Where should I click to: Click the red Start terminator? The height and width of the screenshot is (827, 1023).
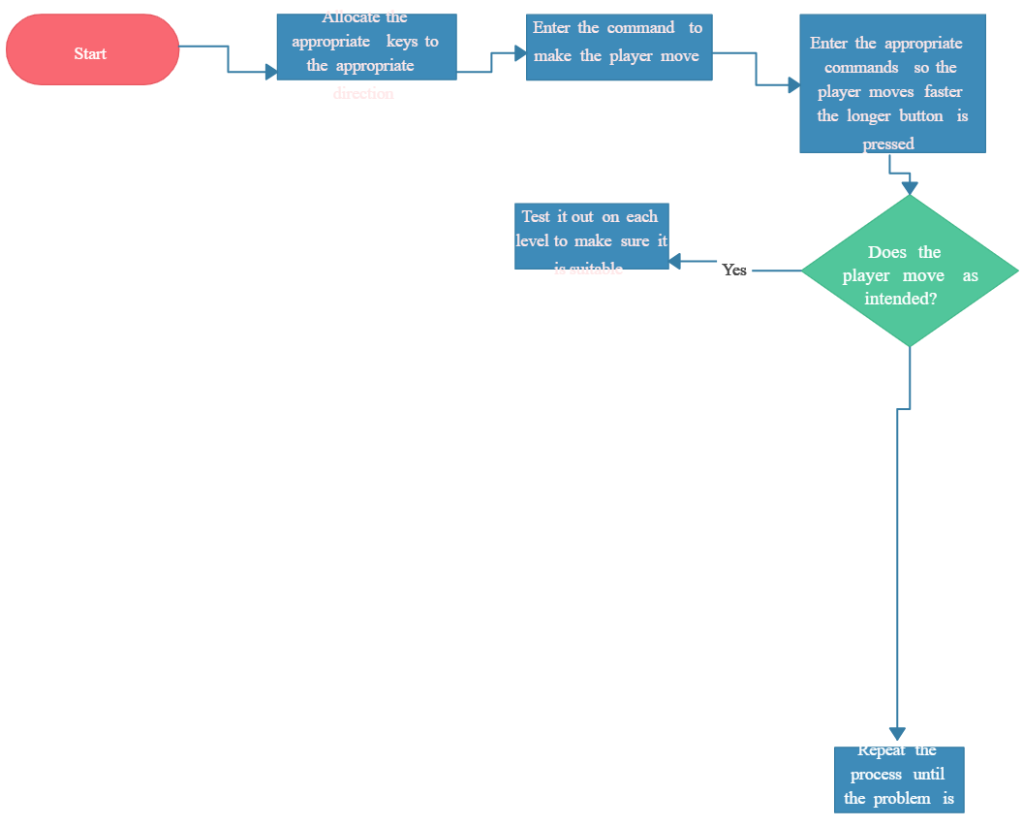click(x=92, y=49)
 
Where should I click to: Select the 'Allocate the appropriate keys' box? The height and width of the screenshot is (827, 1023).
click(x=366, y=47)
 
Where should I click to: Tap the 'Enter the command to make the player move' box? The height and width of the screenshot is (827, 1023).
click(x=619, y=47)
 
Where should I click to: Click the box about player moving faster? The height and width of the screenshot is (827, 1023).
click(x=891, y=83)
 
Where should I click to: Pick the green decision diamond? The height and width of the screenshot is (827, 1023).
click(x=910, y=271)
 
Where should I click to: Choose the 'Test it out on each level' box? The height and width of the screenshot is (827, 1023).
click(x=591, y=236)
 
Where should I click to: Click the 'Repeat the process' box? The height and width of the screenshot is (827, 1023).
click(x=899, y=779)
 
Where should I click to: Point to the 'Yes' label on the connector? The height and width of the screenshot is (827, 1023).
click(x=734, y=270)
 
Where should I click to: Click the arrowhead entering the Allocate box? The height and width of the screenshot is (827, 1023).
click(x=270, y=72)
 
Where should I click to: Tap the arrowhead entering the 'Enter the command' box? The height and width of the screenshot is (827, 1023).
click(x=520, y=53)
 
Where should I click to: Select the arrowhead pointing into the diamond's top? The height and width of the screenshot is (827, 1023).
click(x=910, y=187)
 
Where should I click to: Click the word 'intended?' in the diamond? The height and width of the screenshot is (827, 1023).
click(x=900, y=300)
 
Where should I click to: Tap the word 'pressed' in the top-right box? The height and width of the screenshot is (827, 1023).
click(x=888, y=144)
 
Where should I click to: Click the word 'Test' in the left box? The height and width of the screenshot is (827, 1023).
click(x=537, y=216)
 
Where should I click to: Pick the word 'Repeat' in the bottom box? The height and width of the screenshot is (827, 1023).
click(x=882, y=750)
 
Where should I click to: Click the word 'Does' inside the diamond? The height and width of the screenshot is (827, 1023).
click(x=886, y=252)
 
